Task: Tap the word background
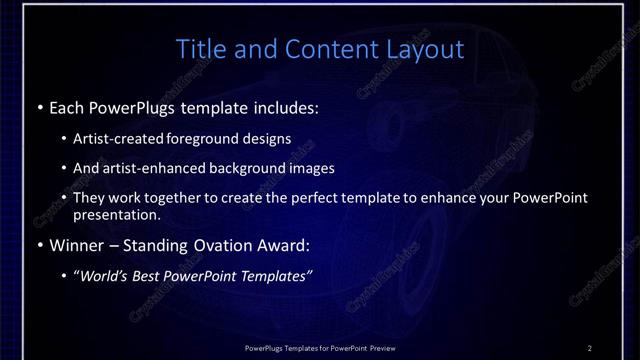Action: [248, 168]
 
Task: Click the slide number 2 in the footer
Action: [590, 347]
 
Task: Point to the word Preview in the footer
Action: [381, 347]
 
